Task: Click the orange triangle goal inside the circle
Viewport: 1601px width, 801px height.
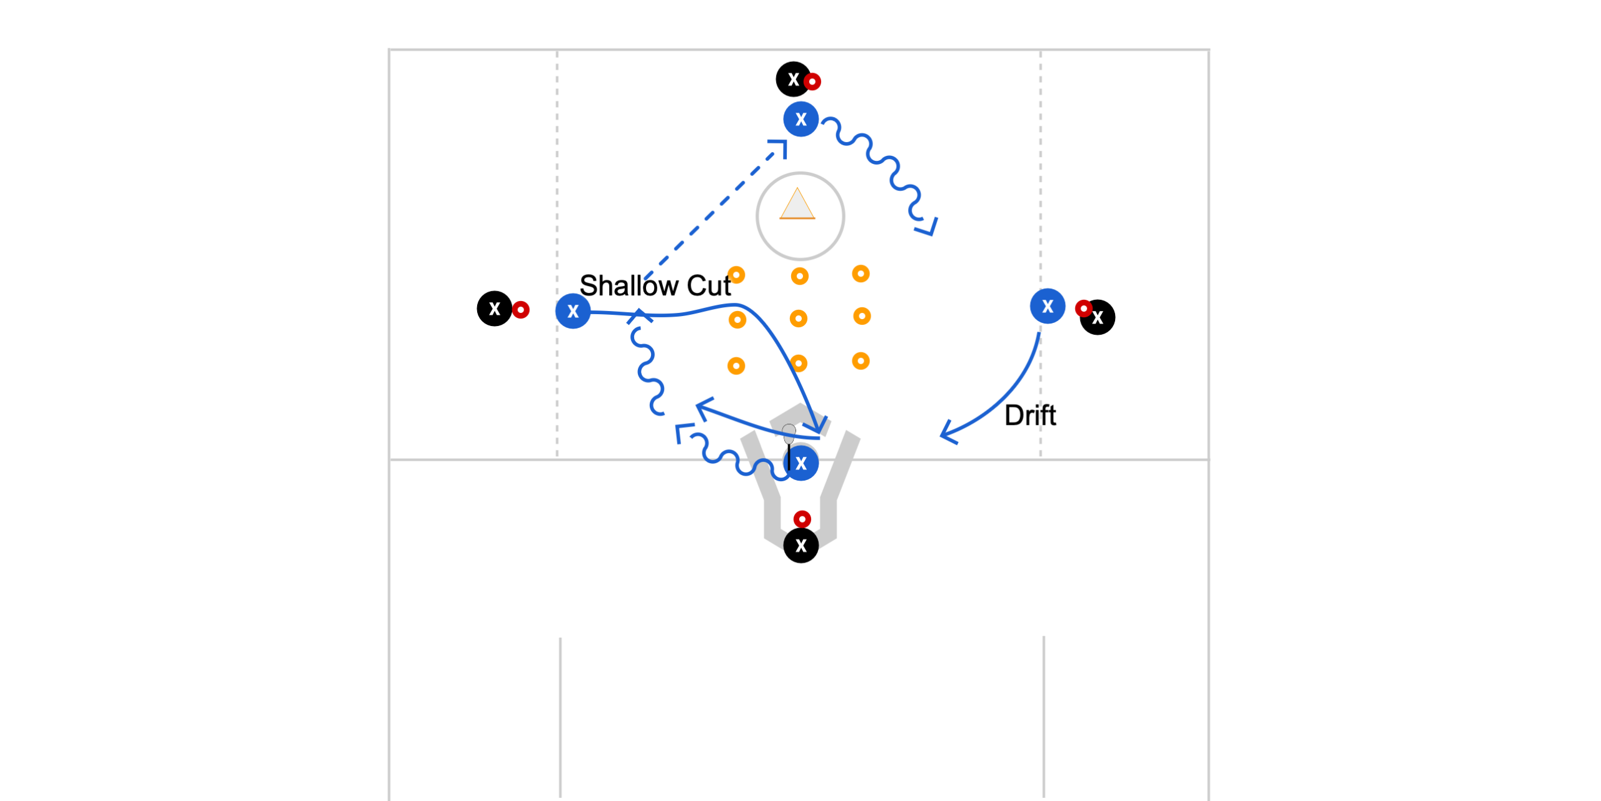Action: pyautogui.click(x=797, y=204)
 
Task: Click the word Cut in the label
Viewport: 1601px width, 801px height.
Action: pyautogui.click(x=709, y=285)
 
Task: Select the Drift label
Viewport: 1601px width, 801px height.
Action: pyautogui.click(x=1030, y=416)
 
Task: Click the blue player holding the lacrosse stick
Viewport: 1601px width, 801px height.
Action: pyautogui.click(x=801, y=464)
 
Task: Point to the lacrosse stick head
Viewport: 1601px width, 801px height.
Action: pyautogui.click(x=789, y=434)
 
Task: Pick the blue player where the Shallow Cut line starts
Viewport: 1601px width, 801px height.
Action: pyautogui.click(x=573, y=311)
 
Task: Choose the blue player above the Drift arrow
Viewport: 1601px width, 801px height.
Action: pyautogui.click(x=1048, y=306)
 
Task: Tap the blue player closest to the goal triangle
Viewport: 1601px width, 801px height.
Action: pyautogui.click(x=801, y=119)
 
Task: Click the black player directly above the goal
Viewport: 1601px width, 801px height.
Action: pyautogui.click(x=794, y=79)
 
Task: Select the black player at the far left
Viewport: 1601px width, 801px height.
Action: pyautogui.click(x=495, y=309)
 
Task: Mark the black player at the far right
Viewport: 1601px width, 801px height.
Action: pyautogui.click(x=1098, y=317)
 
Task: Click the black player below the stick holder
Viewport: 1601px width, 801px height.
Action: pyautogui.click(x=801, y=546)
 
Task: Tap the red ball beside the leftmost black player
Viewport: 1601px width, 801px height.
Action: pyautogui.click(x=520, y=309)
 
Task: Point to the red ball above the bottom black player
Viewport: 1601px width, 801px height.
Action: pyautogui.click(x=802, y=519)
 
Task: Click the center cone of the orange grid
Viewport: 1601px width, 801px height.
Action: pyautogui.click(x=799, y=319)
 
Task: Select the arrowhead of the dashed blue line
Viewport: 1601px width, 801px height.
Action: pyautogui.click(x=779, y=148)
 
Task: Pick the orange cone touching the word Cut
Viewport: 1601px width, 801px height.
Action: pyautogui.click(x=737, y=275)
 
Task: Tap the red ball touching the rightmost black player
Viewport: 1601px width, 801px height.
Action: pyautogui.click(x=1084, y=309)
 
